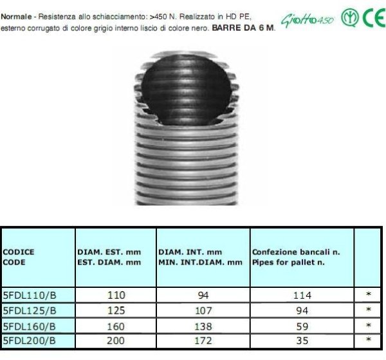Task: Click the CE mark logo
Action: [374, 17]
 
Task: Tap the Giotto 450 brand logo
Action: [308, 20]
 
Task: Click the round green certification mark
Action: [350, 17]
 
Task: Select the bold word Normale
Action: [16, 17]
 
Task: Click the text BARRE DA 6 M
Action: [244, 28]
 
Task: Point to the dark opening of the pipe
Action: [187, 90]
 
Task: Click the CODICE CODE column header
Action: [19, 257]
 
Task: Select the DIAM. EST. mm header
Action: [109, 252]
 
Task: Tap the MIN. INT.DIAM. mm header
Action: [200, 262]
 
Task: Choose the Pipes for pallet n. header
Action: [288, 262]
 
